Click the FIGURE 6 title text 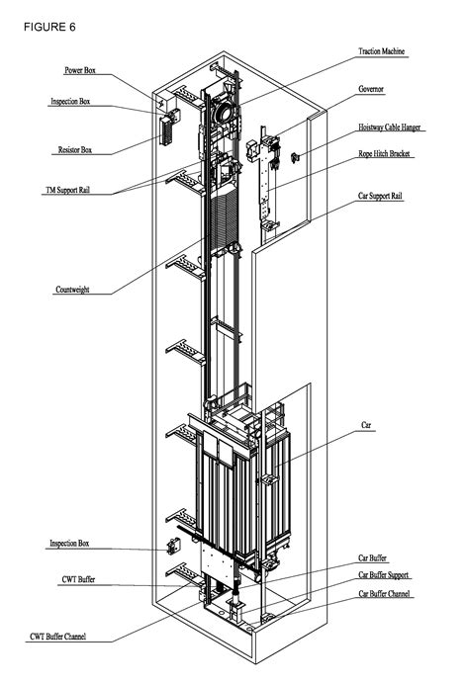point(49,27)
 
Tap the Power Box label point(80,70)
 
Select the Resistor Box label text point(75,150)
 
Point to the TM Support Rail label point(67,191)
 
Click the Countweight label point(72,290)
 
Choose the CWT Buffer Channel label point(58,637)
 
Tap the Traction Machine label point(381,51)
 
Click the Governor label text point(371,89)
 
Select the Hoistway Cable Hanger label point(390,128)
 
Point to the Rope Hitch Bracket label point(384,154)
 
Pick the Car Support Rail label point(380,196)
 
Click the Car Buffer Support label point(384,575)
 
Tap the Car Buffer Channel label point(384,594)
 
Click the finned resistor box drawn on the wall point(166,130)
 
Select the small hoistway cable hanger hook point(295,157)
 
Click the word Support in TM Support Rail point(67,191)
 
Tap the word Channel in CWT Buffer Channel point(73,637)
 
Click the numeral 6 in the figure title point(72,27)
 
